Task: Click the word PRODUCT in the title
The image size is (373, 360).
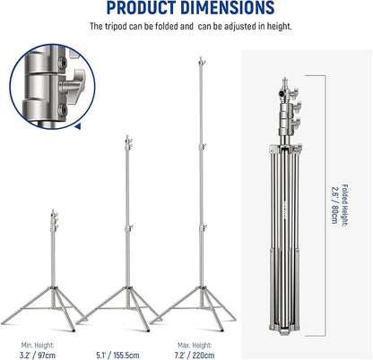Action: tap(142, 7)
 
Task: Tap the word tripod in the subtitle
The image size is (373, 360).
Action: tap(116, 26)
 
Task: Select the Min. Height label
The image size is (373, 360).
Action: tap(38, 346)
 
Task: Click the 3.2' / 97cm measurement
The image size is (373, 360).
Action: tap(38, 356)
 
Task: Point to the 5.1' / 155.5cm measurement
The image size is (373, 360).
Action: tap(117, 356)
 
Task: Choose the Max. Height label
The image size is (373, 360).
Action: tap(195, 346)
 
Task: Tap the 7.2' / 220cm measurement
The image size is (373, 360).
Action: tap(195, 356)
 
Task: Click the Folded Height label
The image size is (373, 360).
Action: tap(345, 206)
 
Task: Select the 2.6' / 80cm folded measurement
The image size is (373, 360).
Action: tap(334, 205)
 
